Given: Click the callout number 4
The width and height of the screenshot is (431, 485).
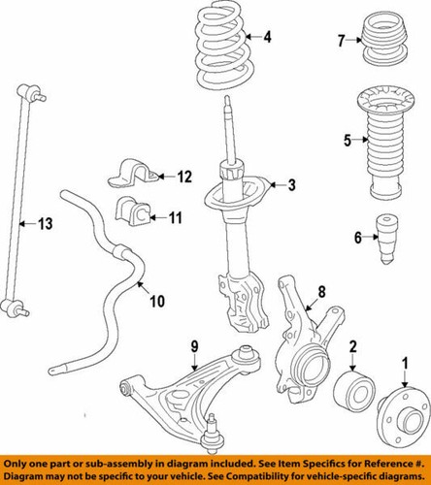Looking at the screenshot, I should point(269,39).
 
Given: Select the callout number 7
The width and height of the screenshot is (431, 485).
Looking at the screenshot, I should point(341,40).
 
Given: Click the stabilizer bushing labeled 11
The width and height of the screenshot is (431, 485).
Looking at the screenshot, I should point(130,211).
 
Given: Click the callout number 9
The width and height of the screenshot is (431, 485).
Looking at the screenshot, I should point(194,345).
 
